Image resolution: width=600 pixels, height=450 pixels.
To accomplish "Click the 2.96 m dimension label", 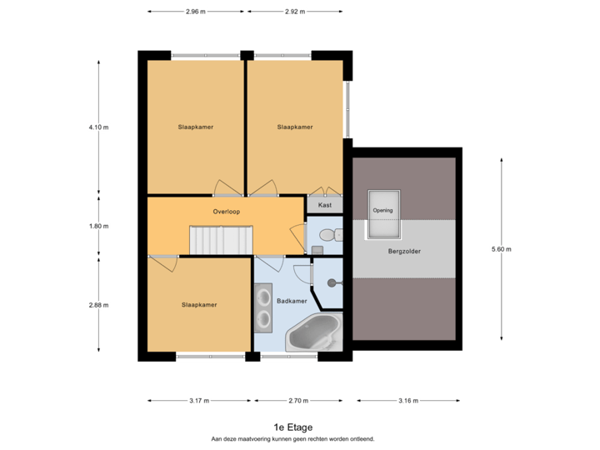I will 196,12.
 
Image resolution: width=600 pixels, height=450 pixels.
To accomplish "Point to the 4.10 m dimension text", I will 98,127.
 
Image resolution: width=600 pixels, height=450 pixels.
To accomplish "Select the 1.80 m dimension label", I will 98,226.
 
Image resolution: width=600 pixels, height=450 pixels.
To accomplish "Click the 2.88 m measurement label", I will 98,305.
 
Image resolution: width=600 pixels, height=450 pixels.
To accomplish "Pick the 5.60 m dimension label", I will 502,249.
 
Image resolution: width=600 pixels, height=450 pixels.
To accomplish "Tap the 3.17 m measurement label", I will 198,401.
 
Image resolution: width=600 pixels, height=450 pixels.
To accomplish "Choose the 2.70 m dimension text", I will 298,401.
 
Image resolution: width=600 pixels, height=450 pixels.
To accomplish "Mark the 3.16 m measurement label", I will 408,401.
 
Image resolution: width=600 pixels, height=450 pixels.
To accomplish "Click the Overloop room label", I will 226,212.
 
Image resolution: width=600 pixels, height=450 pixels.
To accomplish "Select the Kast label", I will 325,204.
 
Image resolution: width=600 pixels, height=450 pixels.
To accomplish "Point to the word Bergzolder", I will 404,250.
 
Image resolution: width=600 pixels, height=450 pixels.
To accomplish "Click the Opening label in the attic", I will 383,210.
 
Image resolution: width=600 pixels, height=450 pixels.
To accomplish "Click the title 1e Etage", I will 297,426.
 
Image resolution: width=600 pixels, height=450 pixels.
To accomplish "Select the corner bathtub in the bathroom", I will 314,336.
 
